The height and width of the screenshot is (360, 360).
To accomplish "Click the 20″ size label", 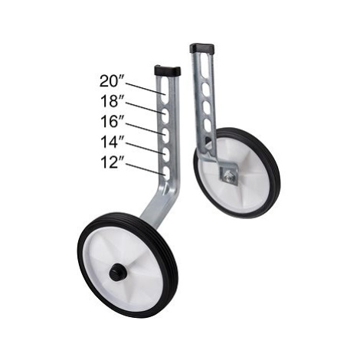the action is (112, 81).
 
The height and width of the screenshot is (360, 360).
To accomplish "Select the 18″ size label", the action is (112, 101).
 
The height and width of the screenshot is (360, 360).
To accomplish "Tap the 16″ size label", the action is (112, 122).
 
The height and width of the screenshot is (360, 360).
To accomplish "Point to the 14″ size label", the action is (112, 142).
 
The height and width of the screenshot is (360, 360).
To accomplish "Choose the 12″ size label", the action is (112, 162).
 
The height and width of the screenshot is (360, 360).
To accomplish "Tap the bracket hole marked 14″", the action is (166, 153).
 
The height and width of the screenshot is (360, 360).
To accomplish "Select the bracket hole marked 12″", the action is (166, 173).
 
